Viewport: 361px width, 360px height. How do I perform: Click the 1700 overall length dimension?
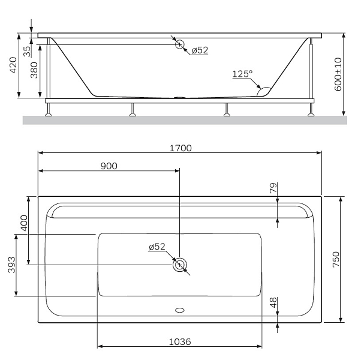click(180, 148)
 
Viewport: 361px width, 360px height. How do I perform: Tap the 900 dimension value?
click(109, 166)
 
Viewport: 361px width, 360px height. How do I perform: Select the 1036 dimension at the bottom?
click(180, 342)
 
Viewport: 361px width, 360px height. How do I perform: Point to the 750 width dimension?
click(336, 259)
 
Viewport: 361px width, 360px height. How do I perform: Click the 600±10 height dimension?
click(338, 74)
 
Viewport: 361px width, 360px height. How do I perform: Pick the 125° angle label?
click(242, 74)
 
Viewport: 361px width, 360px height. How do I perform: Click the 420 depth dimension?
click(13, 65)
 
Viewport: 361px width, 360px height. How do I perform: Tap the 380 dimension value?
click(34, 70)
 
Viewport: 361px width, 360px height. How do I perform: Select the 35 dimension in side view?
click(27, 52)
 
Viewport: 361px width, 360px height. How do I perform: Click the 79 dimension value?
click(273, 188)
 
